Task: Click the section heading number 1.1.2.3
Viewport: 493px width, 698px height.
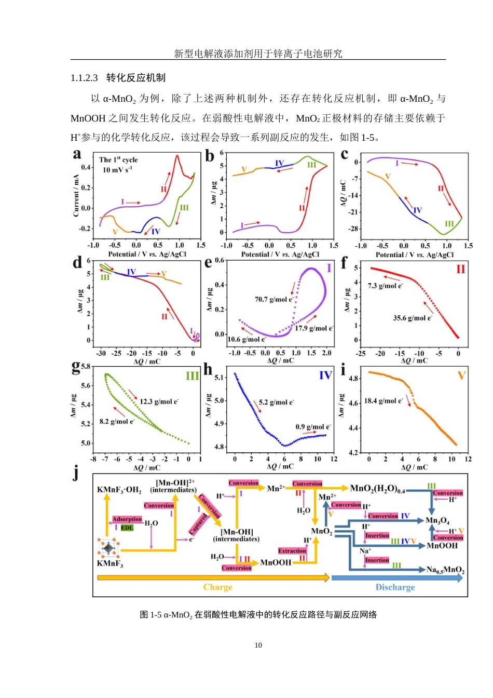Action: pos(84,78)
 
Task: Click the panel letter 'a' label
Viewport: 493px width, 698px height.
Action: pos(77,154)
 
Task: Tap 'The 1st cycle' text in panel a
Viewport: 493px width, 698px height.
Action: pos(118,159)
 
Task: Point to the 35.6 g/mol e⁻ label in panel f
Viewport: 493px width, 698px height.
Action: pos(413,318)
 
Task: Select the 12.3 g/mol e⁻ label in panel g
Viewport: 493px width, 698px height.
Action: pos(159,401)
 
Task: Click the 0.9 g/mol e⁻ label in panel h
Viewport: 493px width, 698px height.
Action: pos(313,426)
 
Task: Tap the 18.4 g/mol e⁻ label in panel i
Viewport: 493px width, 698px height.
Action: pos(384,401)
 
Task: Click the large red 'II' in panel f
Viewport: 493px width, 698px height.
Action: pos(460,269)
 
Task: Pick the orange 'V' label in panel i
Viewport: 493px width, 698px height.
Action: pos(461,375)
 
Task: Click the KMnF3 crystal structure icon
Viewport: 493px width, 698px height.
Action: pos(108,548)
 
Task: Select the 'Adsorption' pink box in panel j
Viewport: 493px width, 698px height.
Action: pos(127,519)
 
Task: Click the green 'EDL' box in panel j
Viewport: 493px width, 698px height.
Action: pos(127,528)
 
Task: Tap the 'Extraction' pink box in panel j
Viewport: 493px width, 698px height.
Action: pos(292,551)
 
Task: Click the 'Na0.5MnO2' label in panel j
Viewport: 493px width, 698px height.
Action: pos(445,570)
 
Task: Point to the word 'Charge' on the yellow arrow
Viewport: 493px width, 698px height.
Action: pos(217,587)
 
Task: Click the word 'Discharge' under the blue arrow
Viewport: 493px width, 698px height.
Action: pos(395,587)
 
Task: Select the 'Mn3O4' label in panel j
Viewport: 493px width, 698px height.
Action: pos(437,520)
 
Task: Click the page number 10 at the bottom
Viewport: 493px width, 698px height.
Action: pos(258,645)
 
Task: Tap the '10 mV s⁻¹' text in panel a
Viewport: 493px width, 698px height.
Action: pos(117,170)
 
